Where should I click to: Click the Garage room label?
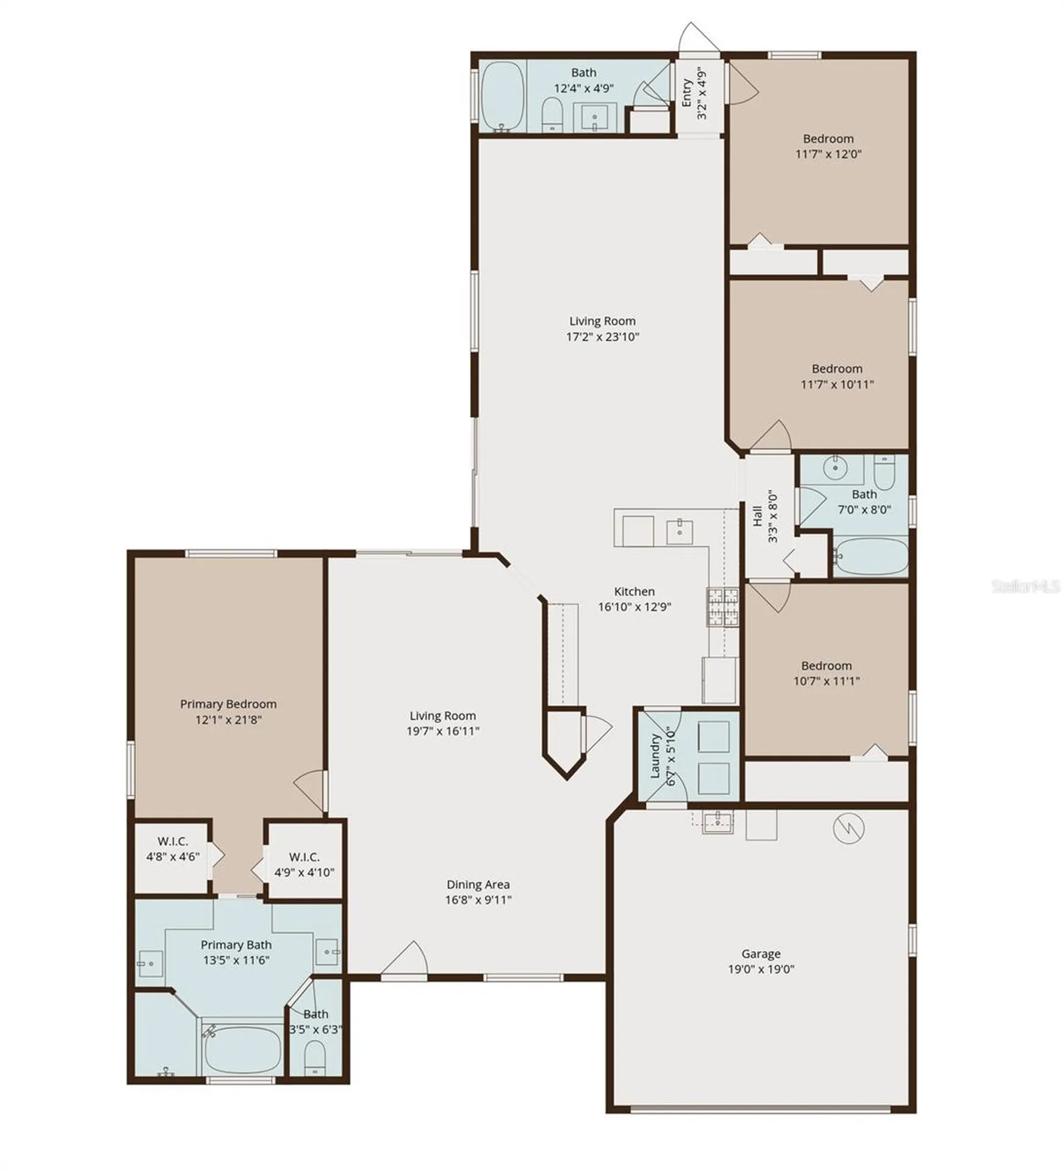761,953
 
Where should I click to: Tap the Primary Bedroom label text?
228,704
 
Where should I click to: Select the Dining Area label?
478,884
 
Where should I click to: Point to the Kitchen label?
634,591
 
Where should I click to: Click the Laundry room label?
655,756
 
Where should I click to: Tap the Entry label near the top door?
686,93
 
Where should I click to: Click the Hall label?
757,516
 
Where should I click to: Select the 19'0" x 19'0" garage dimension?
761,969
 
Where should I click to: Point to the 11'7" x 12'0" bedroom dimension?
828,154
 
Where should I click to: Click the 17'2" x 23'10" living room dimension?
602,336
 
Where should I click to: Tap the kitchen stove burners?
723,607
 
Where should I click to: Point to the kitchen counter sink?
679,530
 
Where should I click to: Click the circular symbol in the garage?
849,828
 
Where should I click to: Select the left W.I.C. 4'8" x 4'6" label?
173,849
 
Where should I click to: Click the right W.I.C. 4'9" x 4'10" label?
304,864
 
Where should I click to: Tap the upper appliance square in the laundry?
713,736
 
